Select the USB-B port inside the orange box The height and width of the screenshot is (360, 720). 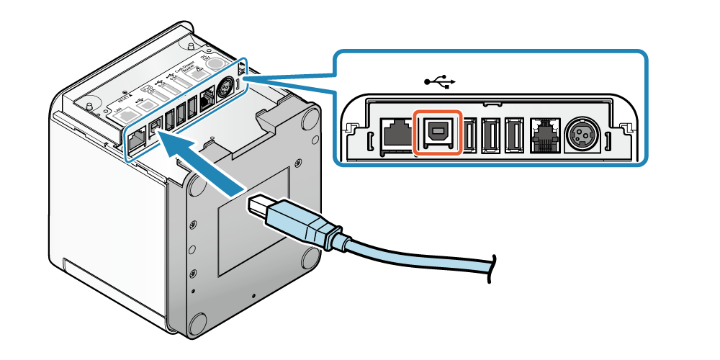437,131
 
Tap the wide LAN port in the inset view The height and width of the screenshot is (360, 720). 395,134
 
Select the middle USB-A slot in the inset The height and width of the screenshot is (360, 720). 492,134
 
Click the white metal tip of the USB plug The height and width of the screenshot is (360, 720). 261,207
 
